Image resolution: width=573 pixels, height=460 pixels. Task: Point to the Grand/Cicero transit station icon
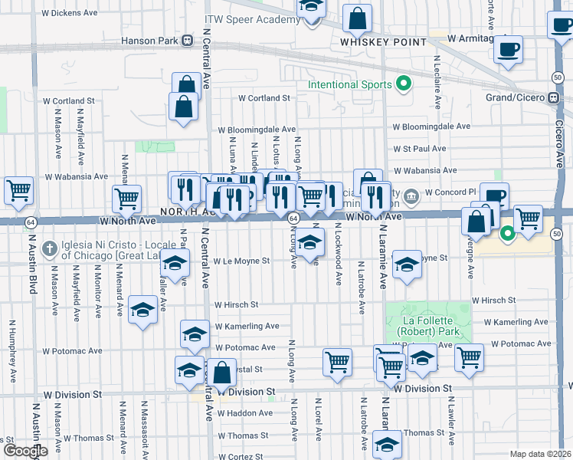pos(553,98)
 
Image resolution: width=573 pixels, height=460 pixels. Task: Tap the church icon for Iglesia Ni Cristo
pos(50,248)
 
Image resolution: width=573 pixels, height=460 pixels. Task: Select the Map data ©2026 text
pos(541,454)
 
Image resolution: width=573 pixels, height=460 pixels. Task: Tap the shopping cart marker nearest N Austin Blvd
pos(18,190)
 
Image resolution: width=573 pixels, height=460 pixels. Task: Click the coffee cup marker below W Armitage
pos(508,51)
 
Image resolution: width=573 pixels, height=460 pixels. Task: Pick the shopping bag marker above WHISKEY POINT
pos(357,17)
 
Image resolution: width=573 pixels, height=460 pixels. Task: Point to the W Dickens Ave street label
pos(70,13)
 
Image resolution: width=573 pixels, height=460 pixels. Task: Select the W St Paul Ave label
pos(420,149)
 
